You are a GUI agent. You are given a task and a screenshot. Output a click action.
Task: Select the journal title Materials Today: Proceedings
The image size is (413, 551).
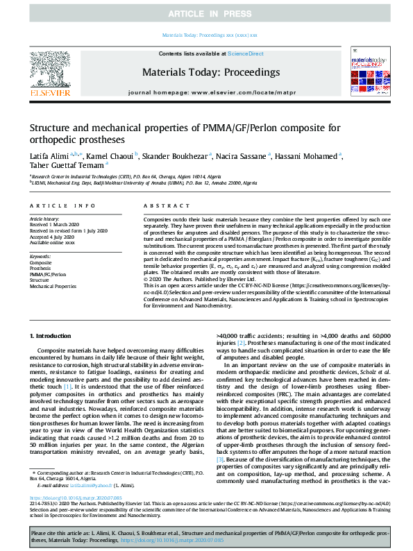click(x=211, y=72)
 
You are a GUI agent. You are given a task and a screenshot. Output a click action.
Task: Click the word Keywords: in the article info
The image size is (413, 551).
click(x=41, y=257)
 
